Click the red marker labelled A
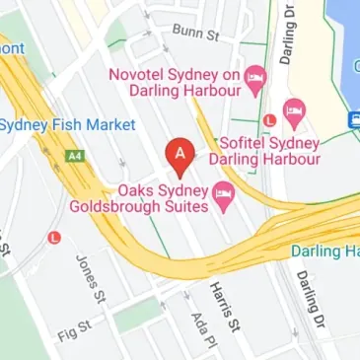[179, 155]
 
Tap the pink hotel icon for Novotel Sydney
[255, 77]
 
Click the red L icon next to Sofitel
[269, 120]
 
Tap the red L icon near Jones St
[55, 237]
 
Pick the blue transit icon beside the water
[353, 118]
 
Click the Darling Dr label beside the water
[288, 37]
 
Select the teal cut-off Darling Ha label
[326, 252]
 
